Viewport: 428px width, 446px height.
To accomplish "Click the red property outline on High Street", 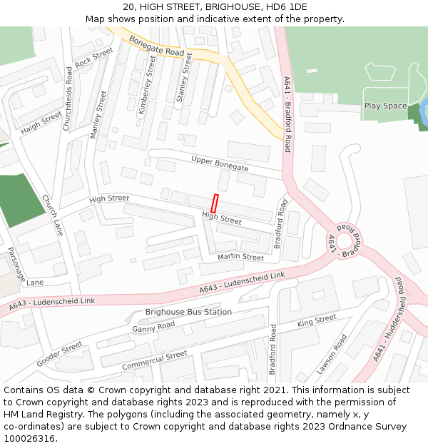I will [215, 203].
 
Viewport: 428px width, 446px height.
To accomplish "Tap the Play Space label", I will [385, 106].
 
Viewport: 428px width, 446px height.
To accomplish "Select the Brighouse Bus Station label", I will [188, 312].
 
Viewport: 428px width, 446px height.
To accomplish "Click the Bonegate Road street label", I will [157, 48].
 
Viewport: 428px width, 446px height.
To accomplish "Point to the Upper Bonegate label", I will [220, 163].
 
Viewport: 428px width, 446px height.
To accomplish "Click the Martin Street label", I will [240, 257].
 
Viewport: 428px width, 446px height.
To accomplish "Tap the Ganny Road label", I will [153, 327].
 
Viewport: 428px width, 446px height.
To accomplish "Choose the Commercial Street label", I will [154, 361].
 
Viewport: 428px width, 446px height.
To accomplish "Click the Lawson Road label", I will [332, 355].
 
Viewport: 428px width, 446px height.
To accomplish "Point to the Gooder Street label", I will [60, 353].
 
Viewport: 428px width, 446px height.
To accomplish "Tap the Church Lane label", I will [52, 215].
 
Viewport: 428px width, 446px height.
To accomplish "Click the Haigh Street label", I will [41, 123].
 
